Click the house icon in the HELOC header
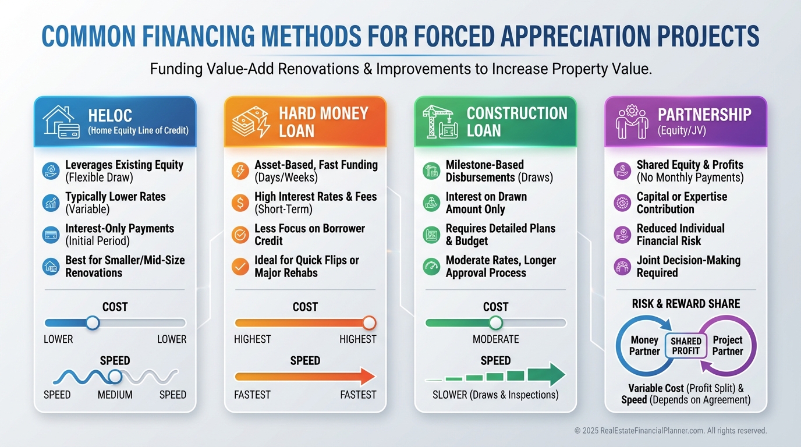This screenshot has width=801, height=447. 62,122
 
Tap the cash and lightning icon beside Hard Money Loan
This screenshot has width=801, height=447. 250,122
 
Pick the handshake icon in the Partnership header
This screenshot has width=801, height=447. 632,122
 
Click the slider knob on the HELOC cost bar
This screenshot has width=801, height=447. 92,322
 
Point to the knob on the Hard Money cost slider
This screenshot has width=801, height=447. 369,322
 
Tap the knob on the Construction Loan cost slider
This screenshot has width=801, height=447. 495,322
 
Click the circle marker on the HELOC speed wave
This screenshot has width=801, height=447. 115,377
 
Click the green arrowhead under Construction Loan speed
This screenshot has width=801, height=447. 556,374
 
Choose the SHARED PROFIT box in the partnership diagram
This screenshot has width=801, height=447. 686,346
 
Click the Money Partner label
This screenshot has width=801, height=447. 644,346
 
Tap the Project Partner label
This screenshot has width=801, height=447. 728,346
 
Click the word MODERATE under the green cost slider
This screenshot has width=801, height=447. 495,339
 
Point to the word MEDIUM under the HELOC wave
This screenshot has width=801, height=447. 115,395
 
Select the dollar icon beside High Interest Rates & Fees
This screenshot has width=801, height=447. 240,203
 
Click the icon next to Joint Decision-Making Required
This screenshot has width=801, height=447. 622,267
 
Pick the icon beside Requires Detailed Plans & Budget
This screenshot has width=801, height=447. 431,235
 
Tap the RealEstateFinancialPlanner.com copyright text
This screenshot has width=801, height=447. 671,431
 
